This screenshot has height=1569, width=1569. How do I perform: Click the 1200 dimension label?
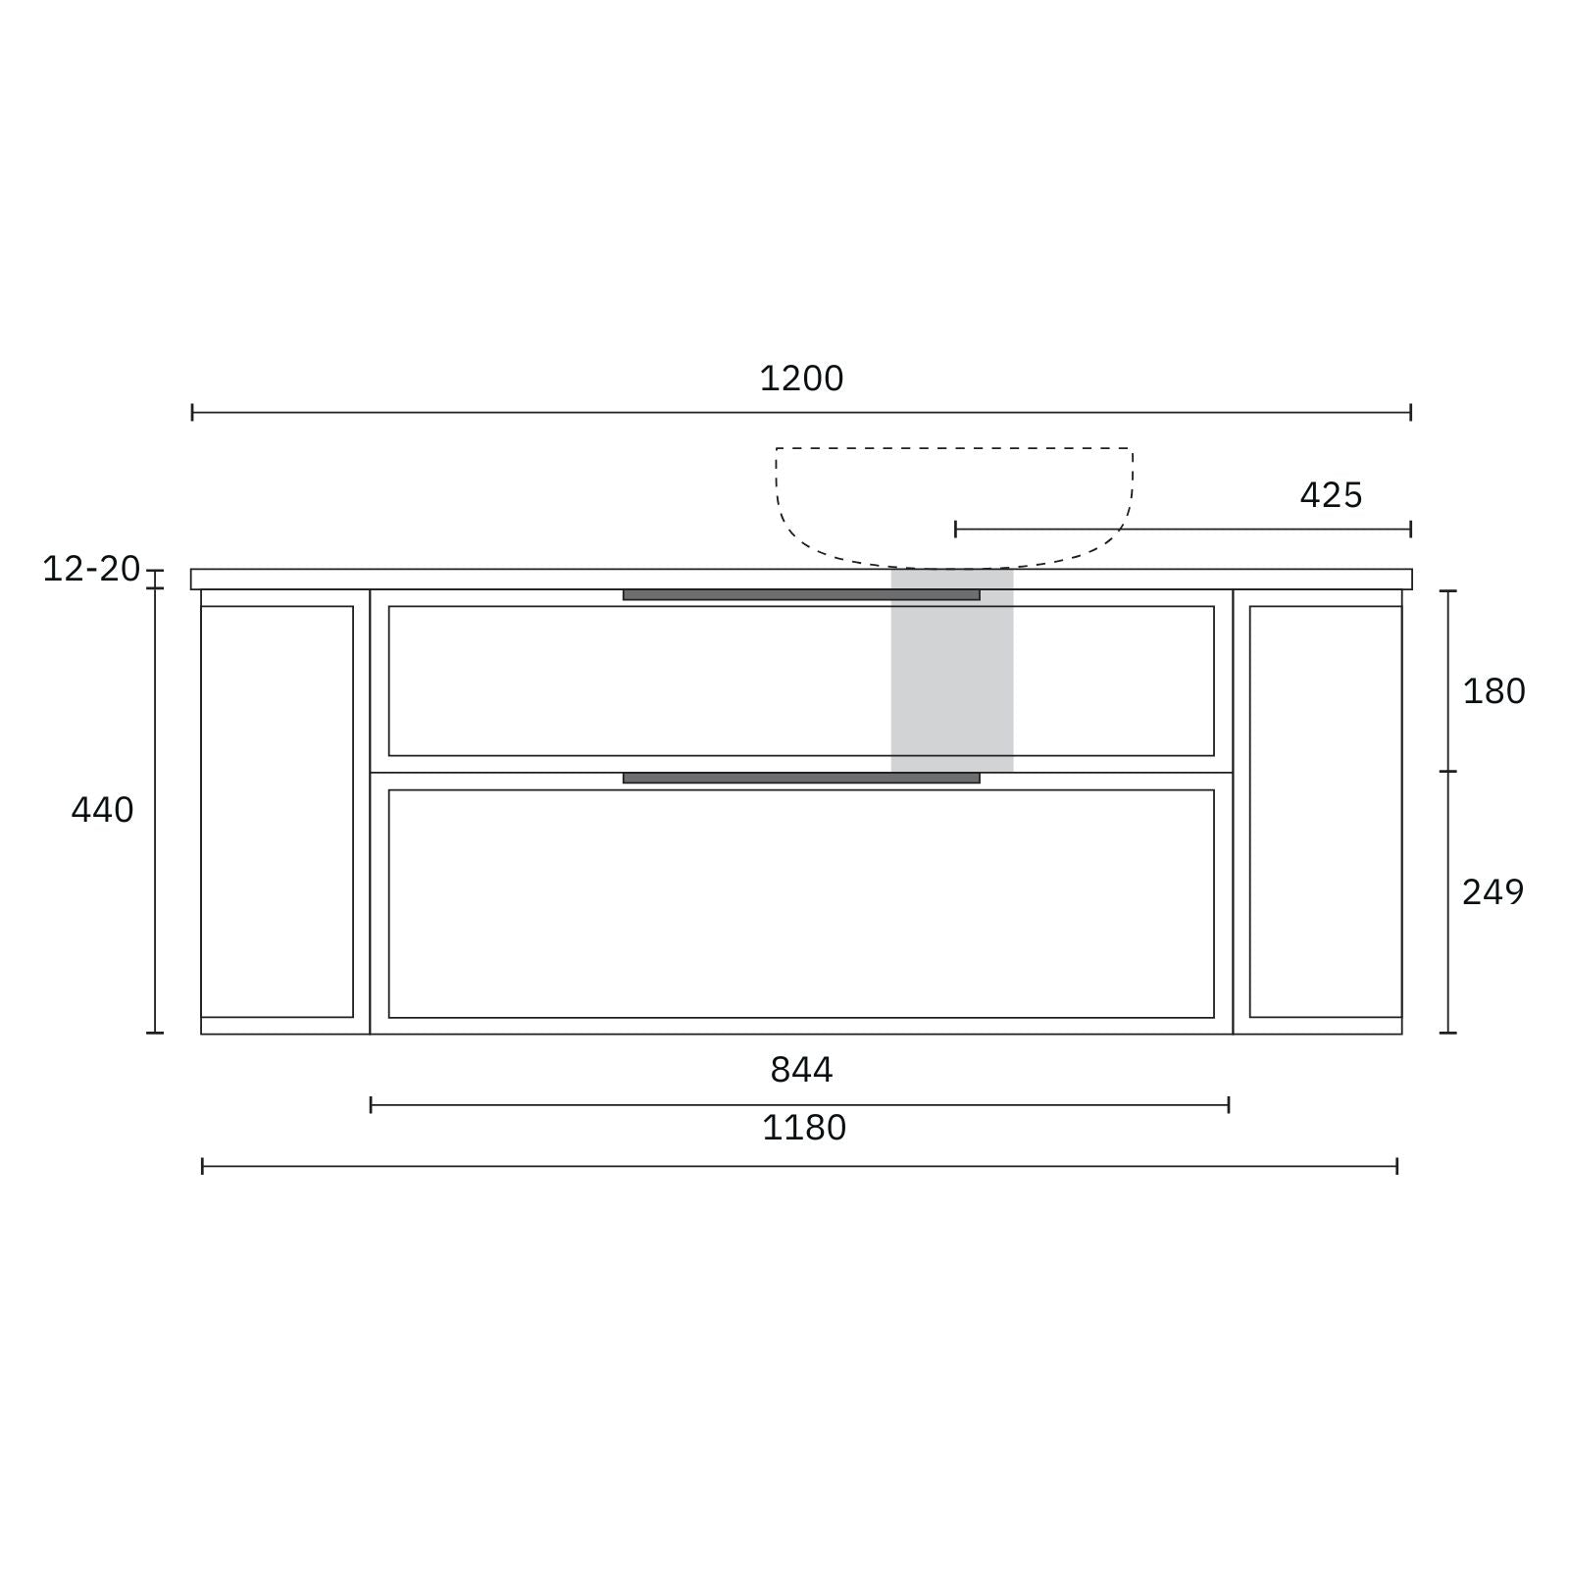(801, 379)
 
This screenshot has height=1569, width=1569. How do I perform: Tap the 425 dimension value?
(1331, 495)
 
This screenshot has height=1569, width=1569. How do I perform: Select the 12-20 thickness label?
(91, 569)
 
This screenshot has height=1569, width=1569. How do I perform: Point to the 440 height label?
(102, 810)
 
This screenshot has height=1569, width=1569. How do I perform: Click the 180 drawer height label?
(1493, 691)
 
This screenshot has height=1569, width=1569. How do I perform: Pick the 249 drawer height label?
(1493, 892)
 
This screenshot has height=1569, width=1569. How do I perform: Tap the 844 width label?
(801, 1070)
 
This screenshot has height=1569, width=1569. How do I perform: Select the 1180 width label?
(804, 1128)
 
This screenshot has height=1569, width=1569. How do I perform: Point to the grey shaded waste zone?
(951, 677)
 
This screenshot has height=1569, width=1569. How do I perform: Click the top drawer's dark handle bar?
(801, 595)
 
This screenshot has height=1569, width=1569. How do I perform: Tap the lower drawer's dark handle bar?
(801, 779)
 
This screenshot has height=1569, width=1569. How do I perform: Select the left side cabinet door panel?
(277, 811)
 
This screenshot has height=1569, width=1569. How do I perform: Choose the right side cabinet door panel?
(1326, 811)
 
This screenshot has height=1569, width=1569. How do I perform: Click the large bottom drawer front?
(801, 903)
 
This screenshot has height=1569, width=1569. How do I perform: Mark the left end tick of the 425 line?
(956, 530)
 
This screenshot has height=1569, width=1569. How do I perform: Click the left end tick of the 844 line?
(371, 1105)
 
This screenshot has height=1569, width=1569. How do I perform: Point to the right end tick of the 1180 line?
(1396, 1166)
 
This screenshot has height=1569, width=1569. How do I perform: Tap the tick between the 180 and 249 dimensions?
(1448, 772)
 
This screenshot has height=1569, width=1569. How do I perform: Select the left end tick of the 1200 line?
(192, 412)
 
